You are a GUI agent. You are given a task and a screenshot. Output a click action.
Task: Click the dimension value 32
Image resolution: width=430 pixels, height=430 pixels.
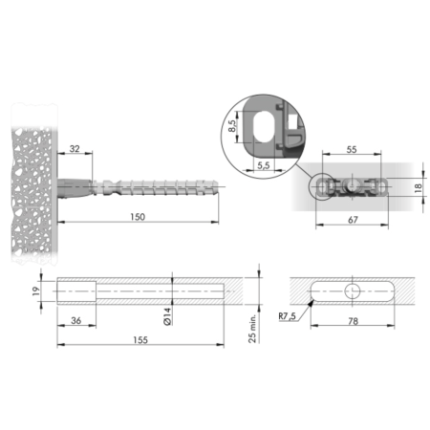click(75, 149)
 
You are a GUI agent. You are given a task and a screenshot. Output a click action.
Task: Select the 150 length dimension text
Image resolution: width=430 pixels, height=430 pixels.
click(138, 217)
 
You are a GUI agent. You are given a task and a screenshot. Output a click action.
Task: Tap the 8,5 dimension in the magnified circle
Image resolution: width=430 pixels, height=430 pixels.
click(232, 126)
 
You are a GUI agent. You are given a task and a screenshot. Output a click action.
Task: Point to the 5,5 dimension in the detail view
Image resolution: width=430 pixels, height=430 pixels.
click(264, 165)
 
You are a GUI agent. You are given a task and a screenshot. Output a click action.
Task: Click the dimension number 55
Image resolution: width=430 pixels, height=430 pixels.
click(352, 149)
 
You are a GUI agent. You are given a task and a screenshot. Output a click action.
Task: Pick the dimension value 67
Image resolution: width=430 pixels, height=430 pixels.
click(353, 220)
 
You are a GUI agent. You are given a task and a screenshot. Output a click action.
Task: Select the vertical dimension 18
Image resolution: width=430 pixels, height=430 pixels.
click(419, 186)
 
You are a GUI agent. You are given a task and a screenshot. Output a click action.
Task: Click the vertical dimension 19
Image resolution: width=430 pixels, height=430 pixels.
click(36, 290)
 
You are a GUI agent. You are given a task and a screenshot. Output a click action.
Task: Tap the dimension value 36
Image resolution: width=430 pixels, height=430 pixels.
click(75, 320)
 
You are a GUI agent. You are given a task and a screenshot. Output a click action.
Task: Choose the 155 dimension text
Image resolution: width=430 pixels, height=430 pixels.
click(140, 340)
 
